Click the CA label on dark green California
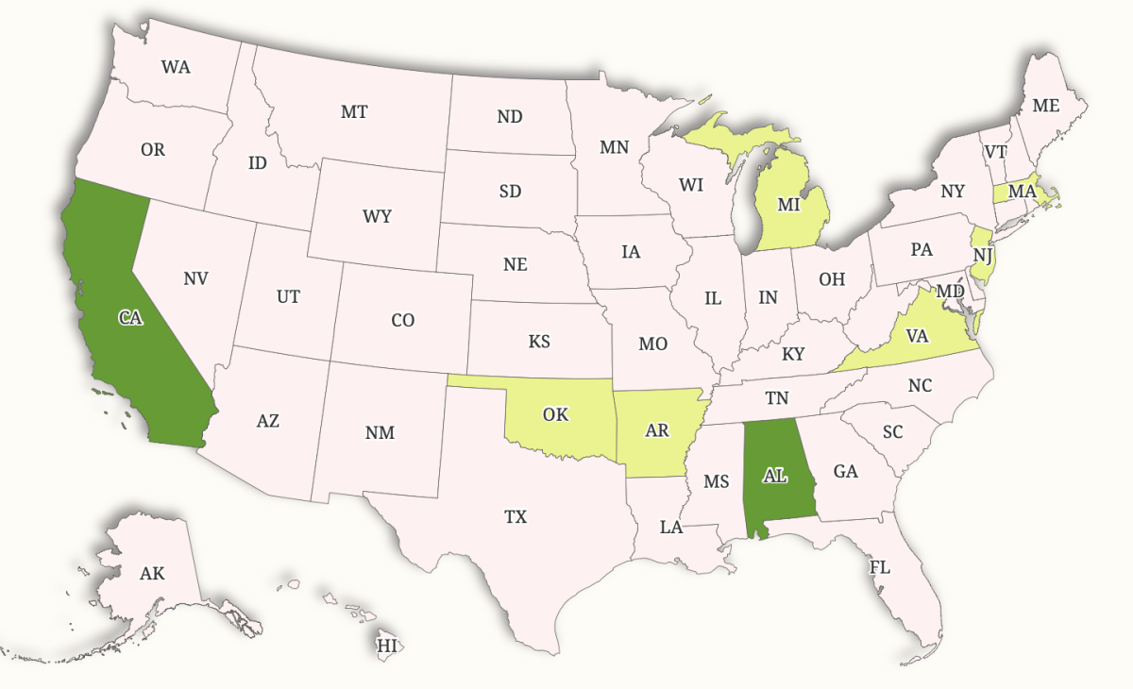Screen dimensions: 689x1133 (x=130, y=318)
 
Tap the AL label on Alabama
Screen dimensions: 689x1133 (x=774, y=476)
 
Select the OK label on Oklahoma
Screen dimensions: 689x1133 (x=555, y=414)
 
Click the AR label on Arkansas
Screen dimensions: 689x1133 (x=658, y=430)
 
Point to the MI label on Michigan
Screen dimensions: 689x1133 (x=789, y=204)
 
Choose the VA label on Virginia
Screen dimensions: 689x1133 (x=917, y=336)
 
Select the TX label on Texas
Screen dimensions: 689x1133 (x=516, y=516)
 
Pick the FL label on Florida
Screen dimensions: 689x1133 (x=879, y=567)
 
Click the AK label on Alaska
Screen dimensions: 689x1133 (x=152, y=573)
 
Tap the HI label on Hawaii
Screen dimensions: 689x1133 (x=387, y=646)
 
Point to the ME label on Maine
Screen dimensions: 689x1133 (x=1045, y=106)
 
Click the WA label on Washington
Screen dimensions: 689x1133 (x=176, y=67)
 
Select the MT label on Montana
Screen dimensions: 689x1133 (x=354, y=111)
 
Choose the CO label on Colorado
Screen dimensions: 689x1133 (x=402, y=320)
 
